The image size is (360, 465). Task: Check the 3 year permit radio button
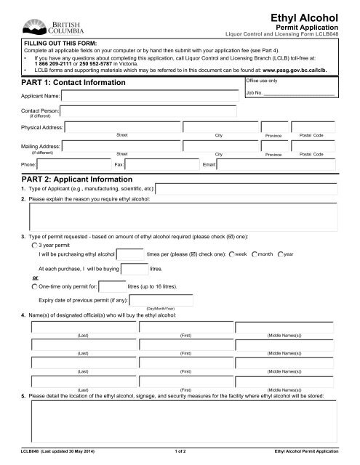pos(34,246)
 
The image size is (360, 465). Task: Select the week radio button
pos(231,254)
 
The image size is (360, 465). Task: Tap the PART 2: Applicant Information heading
pos(76,178)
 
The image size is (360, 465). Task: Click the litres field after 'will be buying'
pos(134,270)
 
